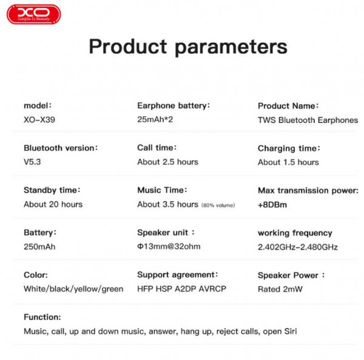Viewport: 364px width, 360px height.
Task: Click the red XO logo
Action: pos(34,15)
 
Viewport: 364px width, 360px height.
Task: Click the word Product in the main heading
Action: pos(128,47)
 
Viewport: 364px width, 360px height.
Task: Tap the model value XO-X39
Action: pos(39,119)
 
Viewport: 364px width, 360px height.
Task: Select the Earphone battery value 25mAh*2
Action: pos(155,119)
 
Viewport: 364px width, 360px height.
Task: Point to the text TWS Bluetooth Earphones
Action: pos(308,120)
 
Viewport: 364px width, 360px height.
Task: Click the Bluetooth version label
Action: pos(61,148)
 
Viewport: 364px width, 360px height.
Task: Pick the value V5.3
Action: pos(32,162)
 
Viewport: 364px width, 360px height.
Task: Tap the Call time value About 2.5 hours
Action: pos(167,162)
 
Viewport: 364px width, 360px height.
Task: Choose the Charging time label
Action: pos(289,148)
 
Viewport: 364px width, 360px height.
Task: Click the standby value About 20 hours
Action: pos(53,204)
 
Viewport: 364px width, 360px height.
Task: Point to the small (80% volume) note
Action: pos(218,205)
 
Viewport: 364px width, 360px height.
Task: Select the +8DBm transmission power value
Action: pos(272,205)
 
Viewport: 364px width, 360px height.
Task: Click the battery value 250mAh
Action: pos(39,247)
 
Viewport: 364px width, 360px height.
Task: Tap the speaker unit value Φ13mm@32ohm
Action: pos(169,246)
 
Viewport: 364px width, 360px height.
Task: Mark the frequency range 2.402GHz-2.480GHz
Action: pos(298,247)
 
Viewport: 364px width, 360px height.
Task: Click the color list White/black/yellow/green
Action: pos(73,289)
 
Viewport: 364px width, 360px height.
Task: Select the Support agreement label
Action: pos(177,275)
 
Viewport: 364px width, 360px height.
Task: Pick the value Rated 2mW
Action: pos(280,289)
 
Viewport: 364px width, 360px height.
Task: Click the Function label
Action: pos(42,317)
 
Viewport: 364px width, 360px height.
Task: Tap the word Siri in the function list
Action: pos(291,332)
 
